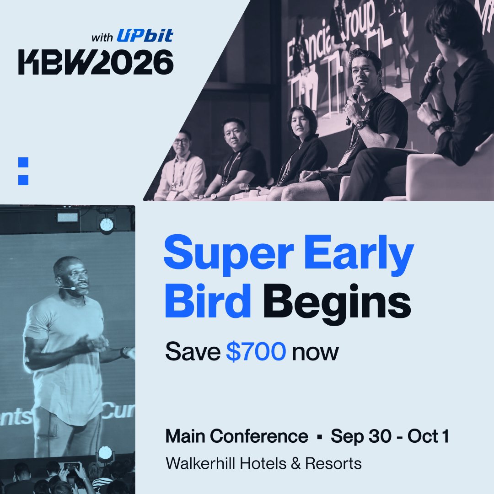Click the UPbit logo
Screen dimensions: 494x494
click(145, 35)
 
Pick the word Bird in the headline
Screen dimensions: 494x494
click(208, 302)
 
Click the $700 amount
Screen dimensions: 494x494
click(257, 352)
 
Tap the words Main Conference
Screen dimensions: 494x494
click(236, 436)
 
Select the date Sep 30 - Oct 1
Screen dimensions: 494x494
click(390, 436)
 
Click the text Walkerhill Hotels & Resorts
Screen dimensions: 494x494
click(263, 463)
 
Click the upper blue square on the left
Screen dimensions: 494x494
click(23, 162)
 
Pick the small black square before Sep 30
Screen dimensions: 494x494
click(320, 437)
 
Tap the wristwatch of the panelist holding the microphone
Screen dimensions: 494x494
click(361, 124)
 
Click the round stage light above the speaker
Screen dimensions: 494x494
click(107, 225)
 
